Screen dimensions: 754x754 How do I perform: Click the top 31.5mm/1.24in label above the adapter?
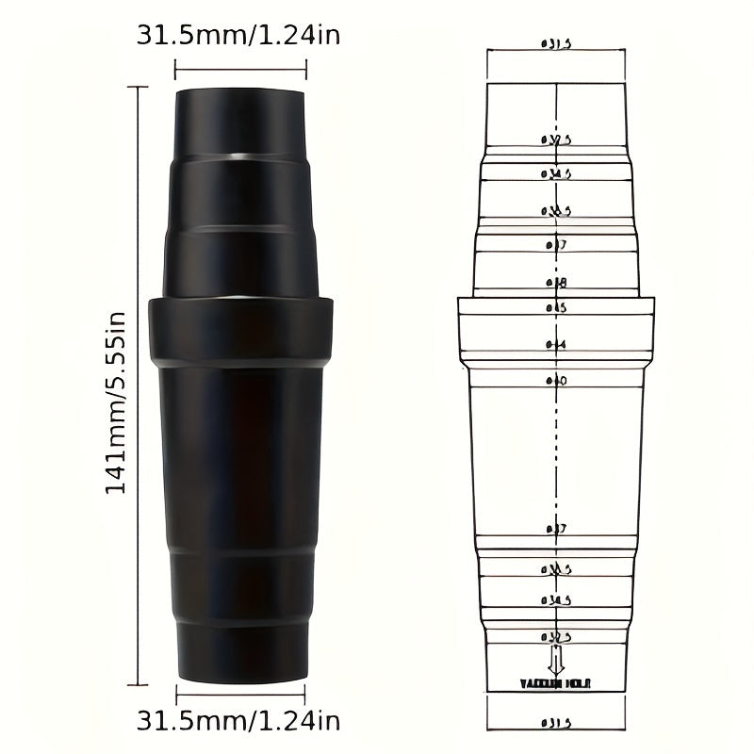(x=239, y=36)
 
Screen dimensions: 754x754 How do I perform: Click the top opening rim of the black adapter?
(x=240, y=91)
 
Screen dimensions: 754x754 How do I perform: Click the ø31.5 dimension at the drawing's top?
(x=556, y=43)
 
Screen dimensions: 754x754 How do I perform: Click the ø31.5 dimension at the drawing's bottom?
(x=556, y=723)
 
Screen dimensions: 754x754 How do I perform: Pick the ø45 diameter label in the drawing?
(x=556, y=307)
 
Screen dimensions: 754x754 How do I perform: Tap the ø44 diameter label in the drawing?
(x=556, y=344)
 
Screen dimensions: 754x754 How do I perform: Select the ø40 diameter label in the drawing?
(x=556, y=380)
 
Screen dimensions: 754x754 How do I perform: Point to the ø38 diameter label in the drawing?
(x=556, y=281)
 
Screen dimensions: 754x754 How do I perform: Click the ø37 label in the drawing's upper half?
(x=556, y=244)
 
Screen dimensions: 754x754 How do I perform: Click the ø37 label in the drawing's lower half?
(x=556, y=530)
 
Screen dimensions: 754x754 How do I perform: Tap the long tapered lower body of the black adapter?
(x=240, y=452)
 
